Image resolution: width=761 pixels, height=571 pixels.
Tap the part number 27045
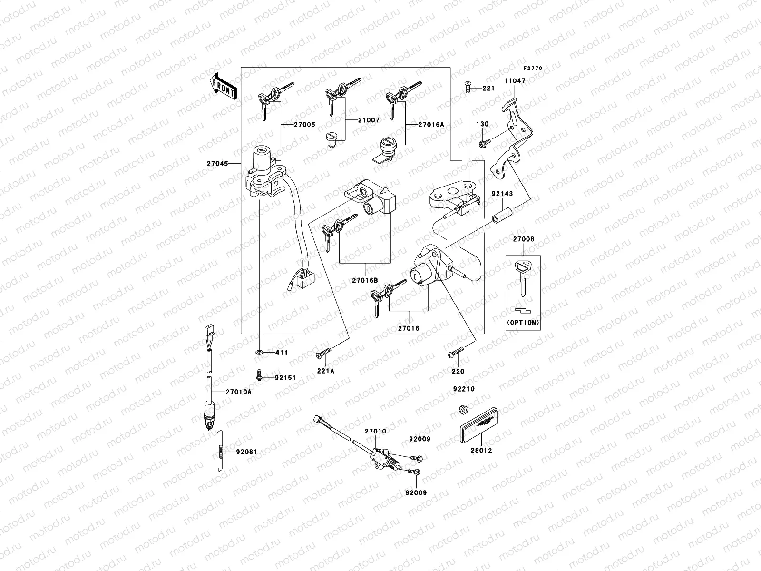click(x=217, y=164)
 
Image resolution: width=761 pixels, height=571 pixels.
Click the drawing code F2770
click(x=533, y=69)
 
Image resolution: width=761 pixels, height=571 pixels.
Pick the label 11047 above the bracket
click(x=515, y=81)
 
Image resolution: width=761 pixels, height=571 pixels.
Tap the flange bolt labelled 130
click(x=482, y=142)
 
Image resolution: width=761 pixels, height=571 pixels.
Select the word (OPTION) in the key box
click(x=523, y=322)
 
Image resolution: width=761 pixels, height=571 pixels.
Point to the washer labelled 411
click(x=258, y=353)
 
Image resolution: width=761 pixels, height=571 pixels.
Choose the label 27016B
click(x=365, y=281)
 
